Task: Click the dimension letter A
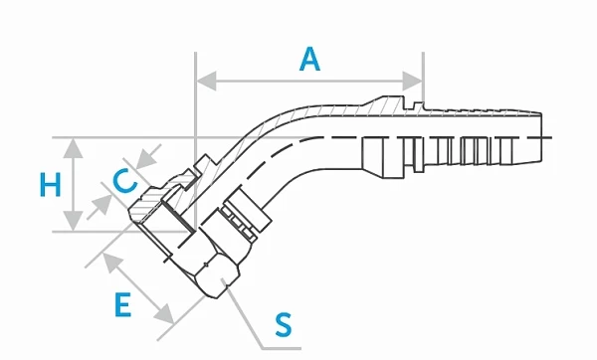[x=310, y=59]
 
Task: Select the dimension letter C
[x=124, y=182]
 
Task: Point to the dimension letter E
[x=123, y=304]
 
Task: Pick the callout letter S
[x=284, y=323]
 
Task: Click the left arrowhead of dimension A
[x=202, y=80]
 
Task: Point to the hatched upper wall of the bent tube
[x=298, y=110]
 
